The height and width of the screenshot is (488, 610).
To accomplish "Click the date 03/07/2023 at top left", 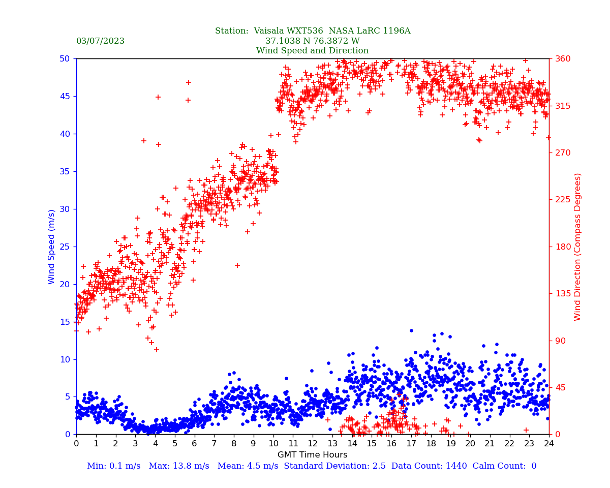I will (x=100, y=41).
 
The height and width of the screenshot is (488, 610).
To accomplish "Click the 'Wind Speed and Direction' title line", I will (x=312, y=51).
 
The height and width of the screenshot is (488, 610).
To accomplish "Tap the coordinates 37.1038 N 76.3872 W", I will (x=312, y=41).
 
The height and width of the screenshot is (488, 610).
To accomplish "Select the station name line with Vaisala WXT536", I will (x=312, y=31).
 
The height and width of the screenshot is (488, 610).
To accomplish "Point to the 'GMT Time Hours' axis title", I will (x=312, y=455).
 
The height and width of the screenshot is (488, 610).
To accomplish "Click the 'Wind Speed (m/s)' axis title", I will (x=52, y=247).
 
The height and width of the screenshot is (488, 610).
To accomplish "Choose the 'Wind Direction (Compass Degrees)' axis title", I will (x=577, y=247).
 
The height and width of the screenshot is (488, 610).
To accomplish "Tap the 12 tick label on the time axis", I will (x=312, y=444).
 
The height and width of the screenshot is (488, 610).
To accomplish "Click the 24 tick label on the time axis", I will (x=548, y=444).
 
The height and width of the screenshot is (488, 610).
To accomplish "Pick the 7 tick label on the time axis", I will (x=214, y=444).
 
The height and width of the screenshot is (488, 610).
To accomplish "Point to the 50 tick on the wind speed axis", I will (x=65, y=58).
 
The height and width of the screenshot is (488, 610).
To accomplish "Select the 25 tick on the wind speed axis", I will (x=65, y=247).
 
